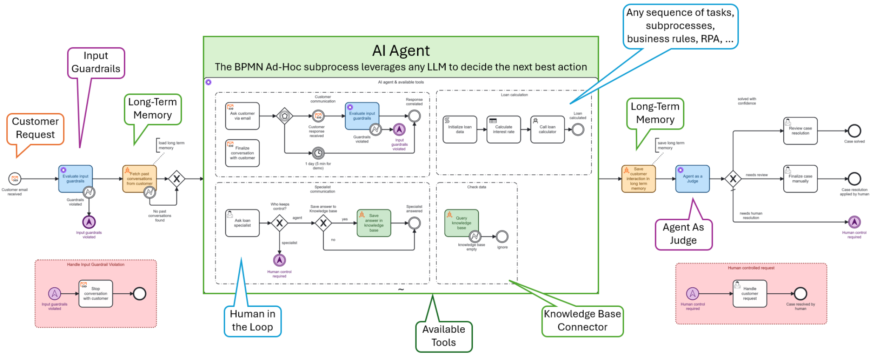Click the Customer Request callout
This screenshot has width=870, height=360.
tap(35, 128)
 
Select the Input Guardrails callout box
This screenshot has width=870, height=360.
tap(96, 62)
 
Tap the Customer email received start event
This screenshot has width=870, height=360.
tap(14, 179)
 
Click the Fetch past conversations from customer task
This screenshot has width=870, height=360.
tap(139, 179)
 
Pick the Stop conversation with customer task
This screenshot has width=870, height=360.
tap(96, 294)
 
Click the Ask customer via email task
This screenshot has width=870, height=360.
tap(242, 116)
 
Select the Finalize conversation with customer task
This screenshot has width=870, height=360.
tap(242, 153)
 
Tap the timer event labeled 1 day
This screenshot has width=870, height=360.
tap(318, 153)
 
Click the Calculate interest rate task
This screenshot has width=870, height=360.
tap(503, 130)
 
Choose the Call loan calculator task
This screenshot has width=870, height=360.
tap(548, 130)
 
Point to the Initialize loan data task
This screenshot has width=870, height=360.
tap(460, 130)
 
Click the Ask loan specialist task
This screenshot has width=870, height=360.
tap(242, 223)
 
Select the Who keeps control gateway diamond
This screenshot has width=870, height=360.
tap(280, 223)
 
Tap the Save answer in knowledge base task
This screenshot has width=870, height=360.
tap(374, 223)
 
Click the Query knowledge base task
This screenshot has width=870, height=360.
tap(461, 223)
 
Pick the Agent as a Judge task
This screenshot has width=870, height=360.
tap(692, 179)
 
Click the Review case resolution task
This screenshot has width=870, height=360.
tap(800, 131)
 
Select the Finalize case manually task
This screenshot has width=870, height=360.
tap(800, 179)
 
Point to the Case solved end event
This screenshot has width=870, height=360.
tap(854, 131)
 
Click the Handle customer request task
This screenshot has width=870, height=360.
tap(750, 294)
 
